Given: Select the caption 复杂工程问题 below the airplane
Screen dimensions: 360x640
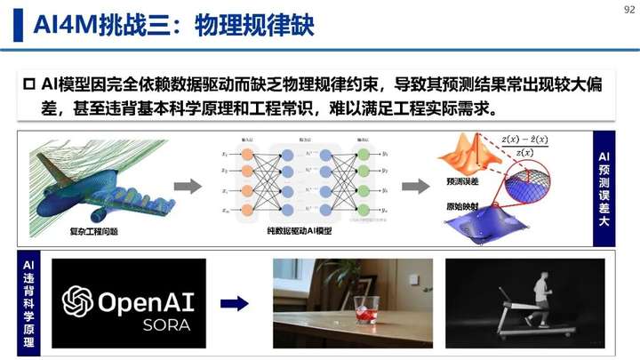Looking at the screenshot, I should pos(93,234).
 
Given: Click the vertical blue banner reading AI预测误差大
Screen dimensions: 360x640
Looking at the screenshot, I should pos(604,189).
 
